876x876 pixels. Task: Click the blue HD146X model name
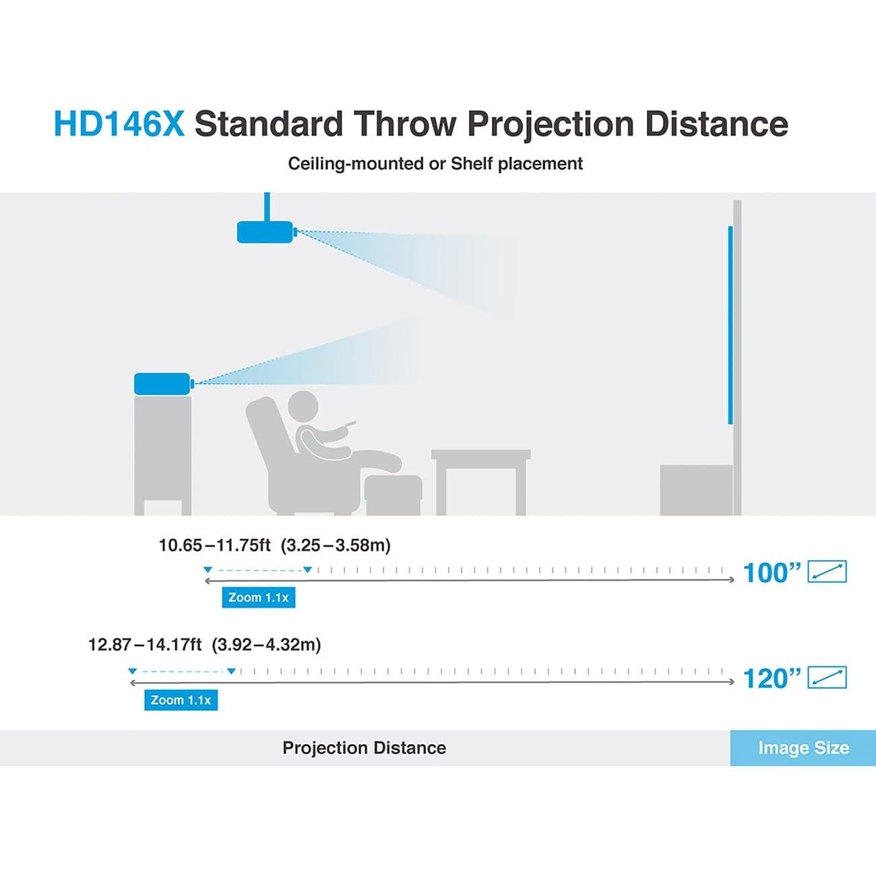[x=119, y=123]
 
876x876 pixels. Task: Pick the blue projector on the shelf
[x=164, y=383]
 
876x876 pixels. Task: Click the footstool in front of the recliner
[x=394, y=495]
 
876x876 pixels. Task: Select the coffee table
[x=481, y=482]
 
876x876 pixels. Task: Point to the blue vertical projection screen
[x=730, y=325]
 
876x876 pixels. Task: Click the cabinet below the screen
[x=696, y=490]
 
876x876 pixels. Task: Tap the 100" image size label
[x=772, y=573]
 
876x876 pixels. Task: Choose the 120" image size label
[x=772, y=679]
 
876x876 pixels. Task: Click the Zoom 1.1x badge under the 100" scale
[x=259, y=597]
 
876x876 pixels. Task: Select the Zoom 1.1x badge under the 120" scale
[x=181, y=700]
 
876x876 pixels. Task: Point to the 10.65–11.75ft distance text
[x=214, y=545]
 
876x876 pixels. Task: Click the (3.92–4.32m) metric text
[x=266, y=645]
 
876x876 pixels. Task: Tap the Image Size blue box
[x=803, y=748]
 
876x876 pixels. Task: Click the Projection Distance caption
[x=364, y=748]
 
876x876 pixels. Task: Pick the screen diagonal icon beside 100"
[x=827, y=571]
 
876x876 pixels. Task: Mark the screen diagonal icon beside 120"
[x=827, y=677]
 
